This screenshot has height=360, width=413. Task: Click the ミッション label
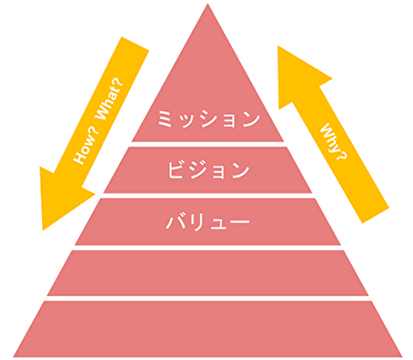(209, 119)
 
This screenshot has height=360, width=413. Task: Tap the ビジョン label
(209, 170)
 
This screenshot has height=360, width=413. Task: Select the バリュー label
(208, 221)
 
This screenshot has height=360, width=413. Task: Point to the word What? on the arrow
(110, 100)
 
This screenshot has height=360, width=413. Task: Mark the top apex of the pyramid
(208, 4)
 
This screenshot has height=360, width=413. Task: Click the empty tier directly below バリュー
(208, 273)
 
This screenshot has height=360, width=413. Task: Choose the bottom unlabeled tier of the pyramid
(208, 329)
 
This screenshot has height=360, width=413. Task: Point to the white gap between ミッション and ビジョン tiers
(208, 144)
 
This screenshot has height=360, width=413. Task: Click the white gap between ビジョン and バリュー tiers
(208, 195)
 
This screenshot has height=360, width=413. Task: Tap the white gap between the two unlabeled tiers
(208, 298)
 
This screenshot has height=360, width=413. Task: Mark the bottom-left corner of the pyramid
(13, 356)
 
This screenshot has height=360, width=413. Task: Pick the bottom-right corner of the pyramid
(402, 356)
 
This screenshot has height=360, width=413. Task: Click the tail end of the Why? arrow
(376, 215)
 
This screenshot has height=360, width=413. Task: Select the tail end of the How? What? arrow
(135, 43)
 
